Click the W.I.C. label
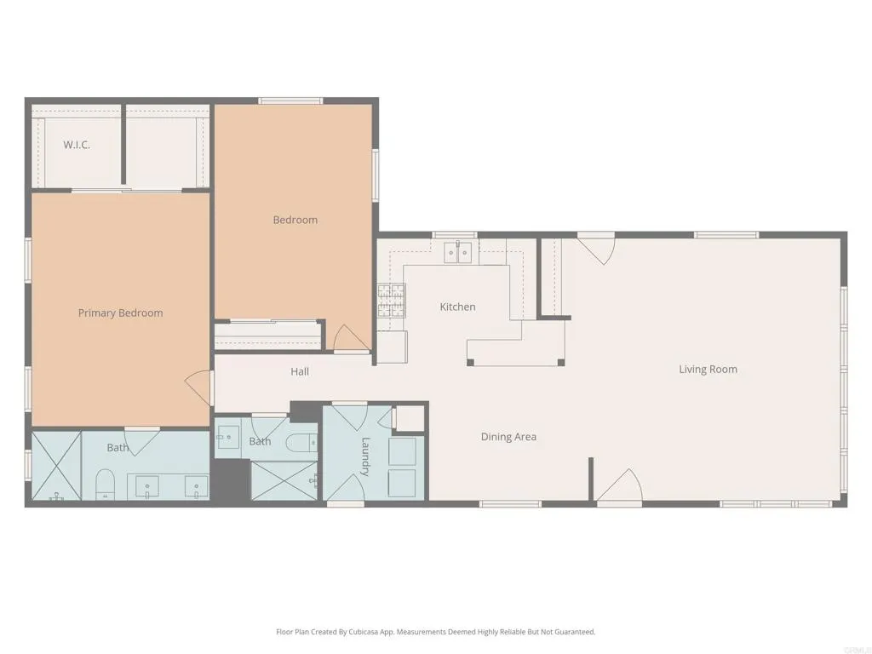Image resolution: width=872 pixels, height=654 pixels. pos(77,145)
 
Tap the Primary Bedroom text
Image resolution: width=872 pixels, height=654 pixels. pos(120,313)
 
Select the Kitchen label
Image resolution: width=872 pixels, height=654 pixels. pos(457,307)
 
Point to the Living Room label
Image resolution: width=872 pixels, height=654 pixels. pos(708,369)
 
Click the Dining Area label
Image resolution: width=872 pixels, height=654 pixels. pos(508,437)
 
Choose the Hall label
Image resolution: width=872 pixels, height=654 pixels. pos(300,371)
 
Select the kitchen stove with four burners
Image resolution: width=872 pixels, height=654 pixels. pos(391,301)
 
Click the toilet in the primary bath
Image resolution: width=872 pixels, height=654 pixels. pos(106,483)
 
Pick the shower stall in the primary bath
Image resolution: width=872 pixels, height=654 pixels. pos(56,466)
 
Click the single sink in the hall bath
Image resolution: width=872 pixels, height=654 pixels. pos(227,439)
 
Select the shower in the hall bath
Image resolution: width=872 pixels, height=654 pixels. pos(283,479)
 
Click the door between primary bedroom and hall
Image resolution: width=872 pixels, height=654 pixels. pos(200,388)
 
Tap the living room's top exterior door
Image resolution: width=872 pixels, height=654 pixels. pos(597,248)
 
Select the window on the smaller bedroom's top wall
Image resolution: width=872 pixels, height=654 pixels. pos(290,101)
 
